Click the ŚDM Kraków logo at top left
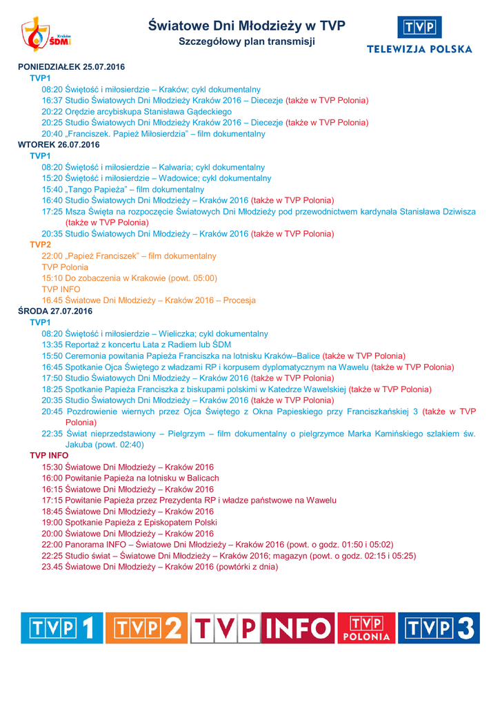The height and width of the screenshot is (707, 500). click(46, 35)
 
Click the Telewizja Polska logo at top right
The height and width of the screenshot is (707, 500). click(419, 35)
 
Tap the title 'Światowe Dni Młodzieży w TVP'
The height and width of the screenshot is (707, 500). click(247, 26)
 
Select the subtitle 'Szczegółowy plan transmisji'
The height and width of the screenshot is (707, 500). click(247, 41)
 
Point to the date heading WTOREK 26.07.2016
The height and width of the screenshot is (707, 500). click(59, 145)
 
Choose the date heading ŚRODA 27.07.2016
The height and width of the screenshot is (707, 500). click(55, 311)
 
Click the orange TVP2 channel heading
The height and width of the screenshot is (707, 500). click(40, 244)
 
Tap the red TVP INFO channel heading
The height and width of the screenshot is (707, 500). click(49, 456)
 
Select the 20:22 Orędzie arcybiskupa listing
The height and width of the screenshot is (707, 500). click(137, 111)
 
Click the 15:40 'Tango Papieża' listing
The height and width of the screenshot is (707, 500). click(123, 189)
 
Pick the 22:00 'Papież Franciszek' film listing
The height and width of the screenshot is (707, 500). click(129, 256)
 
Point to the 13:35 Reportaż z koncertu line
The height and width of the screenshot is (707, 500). click(137, 345)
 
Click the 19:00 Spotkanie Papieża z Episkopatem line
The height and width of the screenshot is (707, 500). click(130, 522)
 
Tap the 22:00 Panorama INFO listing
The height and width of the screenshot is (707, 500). click(217, 544)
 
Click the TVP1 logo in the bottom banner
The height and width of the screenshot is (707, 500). click(61, 628)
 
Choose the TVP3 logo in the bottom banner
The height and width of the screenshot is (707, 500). click(439, 628)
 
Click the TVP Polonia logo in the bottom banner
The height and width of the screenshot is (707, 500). click(366, 628)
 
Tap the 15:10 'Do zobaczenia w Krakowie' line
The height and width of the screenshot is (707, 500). click(130, 278)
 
